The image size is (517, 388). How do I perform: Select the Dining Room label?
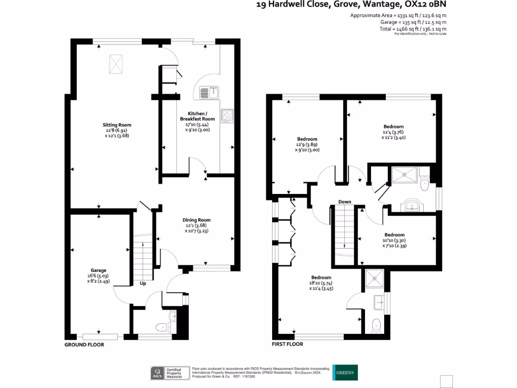196,225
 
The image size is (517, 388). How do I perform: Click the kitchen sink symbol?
208,92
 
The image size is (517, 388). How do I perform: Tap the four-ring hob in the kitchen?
227,115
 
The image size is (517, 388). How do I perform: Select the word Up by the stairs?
143,283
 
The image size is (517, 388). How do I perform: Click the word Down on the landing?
345,202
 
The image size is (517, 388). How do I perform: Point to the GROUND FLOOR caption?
84,345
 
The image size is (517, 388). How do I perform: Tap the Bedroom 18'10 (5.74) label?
321,283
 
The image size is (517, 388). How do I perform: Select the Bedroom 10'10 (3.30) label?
394,240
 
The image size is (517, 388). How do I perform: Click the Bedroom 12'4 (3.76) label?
393,132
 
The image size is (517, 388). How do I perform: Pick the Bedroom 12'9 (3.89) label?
307,144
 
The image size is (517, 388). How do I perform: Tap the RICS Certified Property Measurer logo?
170,372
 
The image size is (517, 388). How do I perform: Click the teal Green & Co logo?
345,372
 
